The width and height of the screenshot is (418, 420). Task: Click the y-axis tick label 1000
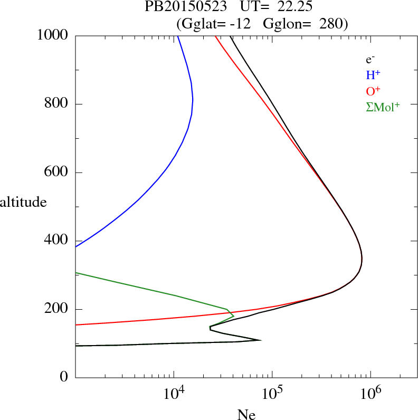coord(53,35)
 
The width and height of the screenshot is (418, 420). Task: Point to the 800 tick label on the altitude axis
coord(56,104)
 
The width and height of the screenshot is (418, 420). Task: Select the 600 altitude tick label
coord(56,173)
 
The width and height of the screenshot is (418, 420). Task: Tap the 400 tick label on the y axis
coord(56,241)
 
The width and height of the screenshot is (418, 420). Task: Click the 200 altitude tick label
coord(56,309)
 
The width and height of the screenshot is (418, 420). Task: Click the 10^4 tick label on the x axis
coord(174,393)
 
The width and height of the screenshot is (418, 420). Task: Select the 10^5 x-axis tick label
coord(272,393)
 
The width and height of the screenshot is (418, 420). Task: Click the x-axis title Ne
coord(246,415)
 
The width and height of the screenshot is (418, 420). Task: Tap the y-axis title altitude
coord(23,202)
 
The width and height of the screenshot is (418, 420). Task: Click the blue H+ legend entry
coord(373,75)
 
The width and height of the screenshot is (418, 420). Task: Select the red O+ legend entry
coord(374,91)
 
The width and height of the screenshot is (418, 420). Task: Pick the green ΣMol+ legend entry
coord(383,107)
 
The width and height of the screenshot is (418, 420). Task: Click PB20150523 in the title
coord(186,8)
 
